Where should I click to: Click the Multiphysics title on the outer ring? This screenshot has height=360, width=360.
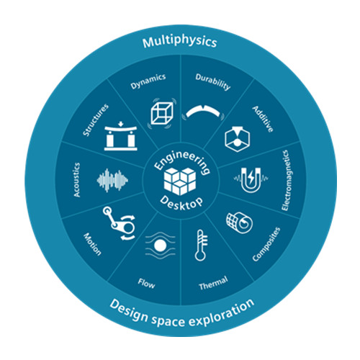179,42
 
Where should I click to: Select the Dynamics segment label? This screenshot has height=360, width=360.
148,81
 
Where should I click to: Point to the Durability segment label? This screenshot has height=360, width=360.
213,81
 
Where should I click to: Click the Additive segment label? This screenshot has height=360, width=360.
263,119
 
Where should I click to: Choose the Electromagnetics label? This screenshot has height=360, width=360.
285,181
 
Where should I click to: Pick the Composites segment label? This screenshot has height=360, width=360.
266,244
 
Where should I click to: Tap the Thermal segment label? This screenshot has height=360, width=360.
213,283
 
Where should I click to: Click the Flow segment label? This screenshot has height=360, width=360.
146,283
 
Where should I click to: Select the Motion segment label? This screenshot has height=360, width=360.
92,244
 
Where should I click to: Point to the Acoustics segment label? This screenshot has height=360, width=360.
76,180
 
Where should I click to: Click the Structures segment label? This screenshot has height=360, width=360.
96,120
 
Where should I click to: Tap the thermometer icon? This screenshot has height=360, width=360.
201,246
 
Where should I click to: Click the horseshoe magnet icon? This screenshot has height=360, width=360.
251,180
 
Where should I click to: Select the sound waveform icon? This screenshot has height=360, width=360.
112,181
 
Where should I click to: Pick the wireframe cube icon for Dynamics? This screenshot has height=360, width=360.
162,113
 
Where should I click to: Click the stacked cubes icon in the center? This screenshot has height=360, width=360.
180,181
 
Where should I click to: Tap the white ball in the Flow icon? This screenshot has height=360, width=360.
160,246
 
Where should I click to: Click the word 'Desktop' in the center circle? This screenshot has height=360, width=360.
181,204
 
